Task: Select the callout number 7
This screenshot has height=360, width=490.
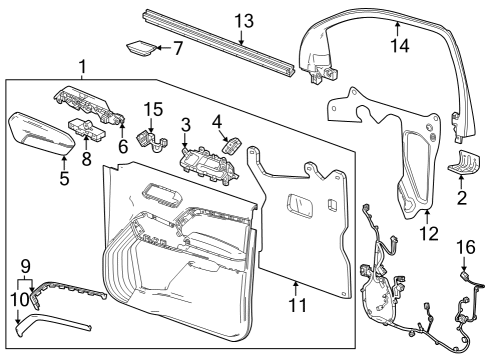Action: click(x=177, y=47)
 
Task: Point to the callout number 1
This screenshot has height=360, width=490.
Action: click(x=81, y=66)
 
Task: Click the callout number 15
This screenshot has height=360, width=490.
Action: click(x=152, y=109)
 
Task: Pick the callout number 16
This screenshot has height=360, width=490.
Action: click(x=466, y=246)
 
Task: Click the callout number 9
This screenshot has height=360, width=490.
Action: click(x=26, y=266)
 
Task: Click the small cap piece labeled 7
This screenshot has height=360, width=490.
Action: click(x=142, y=47)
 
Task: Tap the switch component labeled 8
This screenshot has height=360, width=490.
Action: click(x=84, y=130)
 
